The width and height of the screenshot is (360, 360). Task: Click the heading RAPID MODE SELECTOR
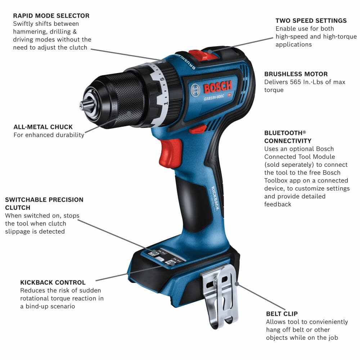click(51, 16)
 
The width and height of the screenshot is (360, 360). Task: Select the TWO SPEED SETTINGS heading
click(311, 21)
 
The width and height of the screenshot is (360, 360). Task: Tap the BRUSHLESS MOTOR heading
click(296, 74)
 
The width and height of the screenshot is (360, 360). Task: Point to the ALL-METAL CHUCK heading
click(43, 127)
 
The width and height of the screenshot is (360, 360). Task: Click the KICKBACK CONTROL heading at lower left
click(53, 283)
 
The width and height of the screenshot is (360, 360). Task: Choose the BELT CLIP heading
click(282, 314)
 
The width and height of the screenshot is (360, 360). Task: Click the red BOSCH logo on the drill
click(218, 87)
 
